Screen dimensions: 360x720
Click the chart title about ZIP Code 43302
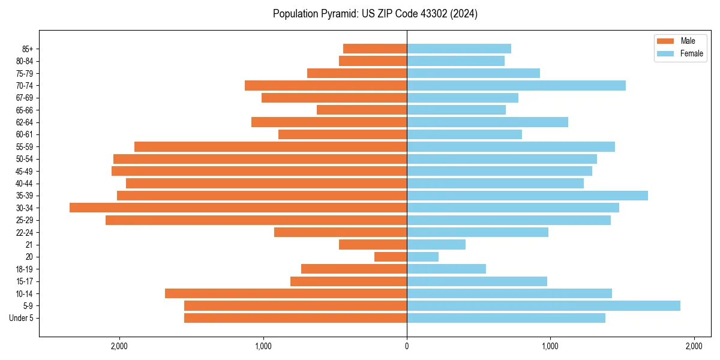pyautogui.click(x=375, y=14)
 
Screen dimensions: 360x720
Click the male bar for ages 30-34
pyautogui.click(x=238, y=208)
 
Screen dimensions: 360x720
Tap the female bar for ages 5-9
pyautogui.click(x=544, y=305)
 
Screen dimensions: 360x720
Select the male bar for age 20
pyautogui.click(x=391, y=257)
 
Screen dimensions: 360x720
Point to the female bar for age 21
pyautogui.click(x=436, y=244)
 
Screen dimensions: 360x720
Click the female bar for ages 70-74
pyautogui.click(x=516, y=85)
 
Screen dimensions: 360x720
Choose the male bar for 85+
pyautogui.click(x=375, y=49)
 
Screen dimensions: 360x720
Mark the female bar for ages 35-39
pyautogui.click(x=527, y=196)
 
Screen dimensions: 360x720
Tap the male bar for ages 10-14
pyautogui.click(x=286, y=293)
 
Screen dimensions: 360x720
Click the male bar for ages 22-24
pyautogui.click(x=340, y=232)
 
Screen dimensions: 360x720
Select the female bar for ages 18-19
pyautogui.click(x=446, y=269)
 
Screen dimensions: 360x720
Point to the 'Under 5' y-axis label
pyautogui.click(x=21, y=318)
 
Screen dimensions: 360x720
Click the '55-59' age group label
pyautogui.click(x=25, y=146)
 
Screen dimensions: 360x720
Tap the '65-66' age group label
pyautogui.click(x=25, y=110)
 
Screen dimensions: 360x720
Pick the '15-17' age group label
pyautogui.click(x=25, y=281)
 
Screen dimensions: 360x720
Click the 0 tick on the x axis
pyautogui.click(x=407, y=346)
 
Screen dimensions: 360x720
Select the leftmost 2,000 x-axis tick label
pyautogui.click(x=119, y=346)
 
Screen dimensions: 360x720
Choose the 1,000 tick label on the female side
pyautogui.click(x=550, y=346)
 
